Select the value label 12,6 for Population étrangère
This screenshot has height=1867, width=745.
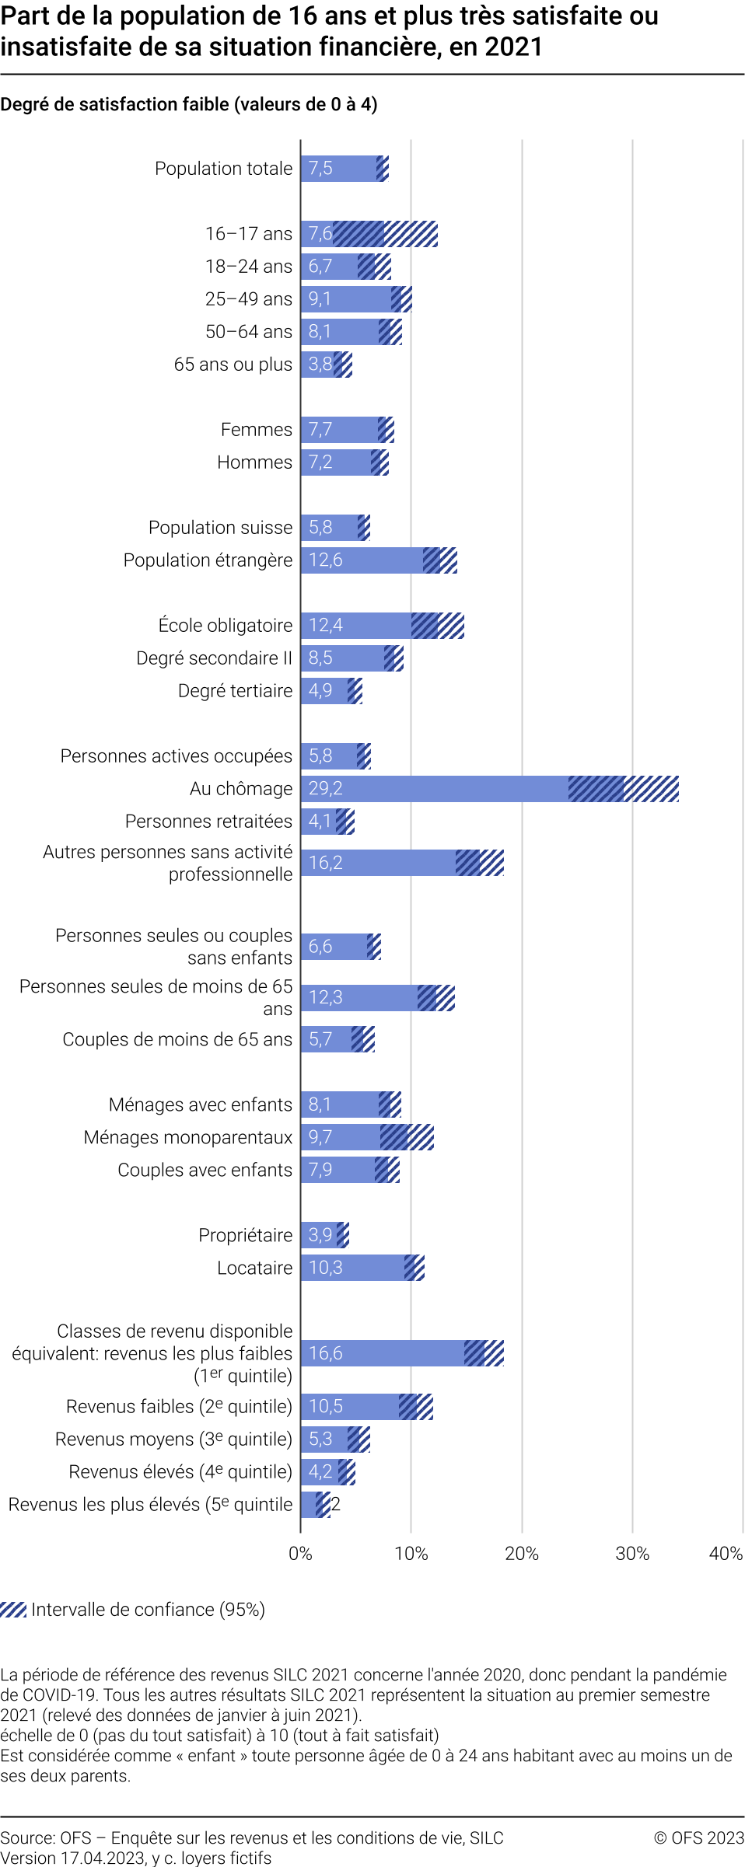point(325,560)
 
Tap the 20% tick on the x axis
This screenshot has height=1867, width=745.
point(521,1553)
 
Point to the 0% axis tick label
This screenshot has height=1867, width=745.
point(300,1553)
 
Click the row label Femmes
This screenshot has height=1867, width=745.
point(256,429)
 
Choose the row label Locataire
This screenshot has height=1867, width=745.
point(254,1268)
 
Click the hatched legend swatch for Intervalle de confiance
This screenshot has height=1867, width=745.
point(13,1609)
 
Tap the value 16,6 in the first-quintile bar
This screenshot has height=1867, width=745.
point(325,1353)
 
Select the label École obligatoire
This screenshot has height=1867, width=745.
point(226,625)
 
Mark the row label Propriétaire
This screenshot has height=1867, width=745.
point(245,1235)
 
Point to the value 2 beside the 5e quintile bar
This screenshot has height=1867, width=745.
point(336,1504)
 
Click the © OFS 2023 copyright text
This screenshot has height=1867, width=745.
point(698,1837)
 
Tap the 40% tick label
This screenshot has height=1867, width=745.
point(725,1553)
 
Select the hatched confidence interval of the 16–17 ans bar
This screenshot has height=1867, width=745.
point(385,234)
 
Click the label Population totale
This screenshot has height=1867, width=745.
point(223,169)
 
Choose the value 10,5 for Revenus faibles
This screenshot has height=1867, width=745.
point(325,1406)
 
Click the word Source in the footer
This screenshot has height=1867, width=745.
point(26,1837)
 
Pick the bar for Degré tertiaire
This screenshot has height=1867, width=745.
point(325,690)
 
